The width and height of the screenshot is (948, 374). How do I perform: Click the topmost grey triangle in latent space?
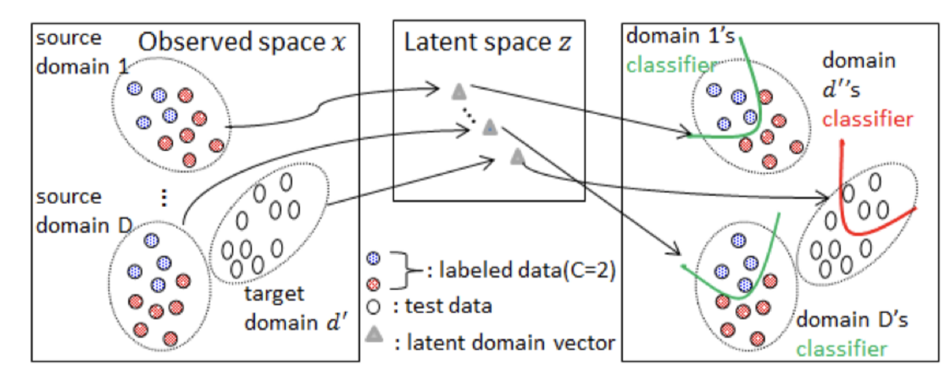tap(458, 91)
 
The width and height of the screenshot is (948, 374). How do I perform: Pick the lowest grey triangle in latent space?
tap(517, 155)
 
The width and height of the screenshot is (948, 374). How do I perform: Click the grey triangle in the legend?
tap(375, 335)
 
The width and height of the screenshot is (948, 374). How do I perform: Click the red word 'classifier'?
tap(866, 118)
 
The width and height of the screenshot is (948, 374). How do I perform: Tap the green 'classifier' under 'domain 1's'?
tap(669, 65)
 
